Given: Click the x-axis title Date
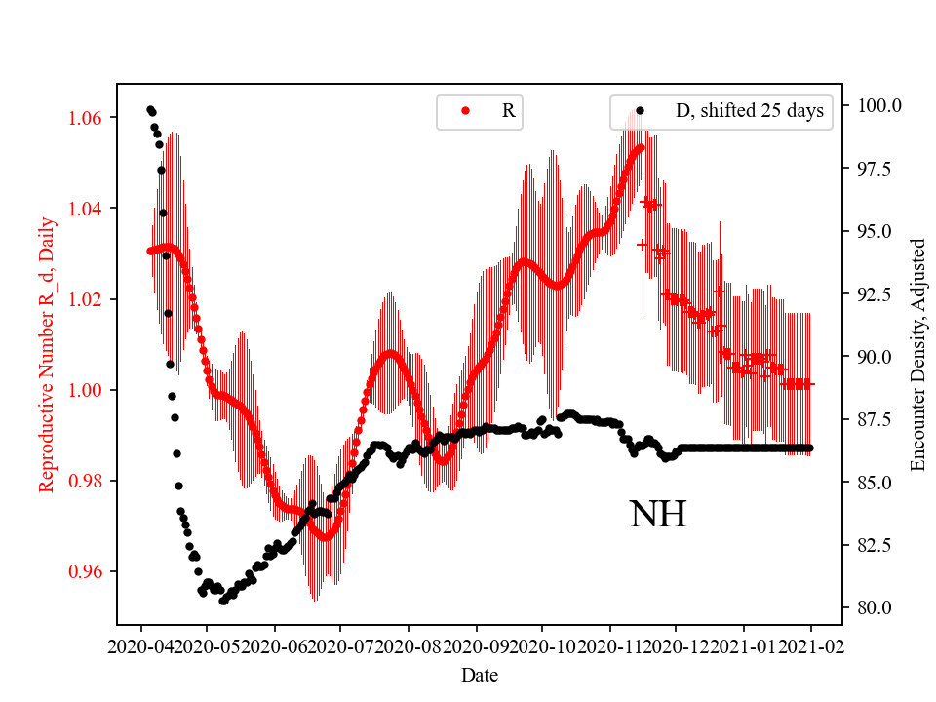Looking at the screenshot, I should [x=480, y=674].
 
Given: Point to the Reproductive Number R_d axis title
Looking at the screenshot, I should [x=46, y=354].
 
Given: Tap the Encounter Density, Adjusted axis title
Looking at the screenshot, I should [x=916, y=354].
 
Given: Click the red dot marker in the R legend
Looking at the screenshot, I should [x=465, y=111].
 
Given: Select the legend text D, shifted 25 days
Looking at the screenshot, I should [x=750, y=111].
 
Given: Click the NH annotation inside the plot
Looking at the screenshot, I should [x=658, y=515].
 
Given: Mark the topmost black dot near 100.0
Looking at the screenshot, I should [x=150, y=109].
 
